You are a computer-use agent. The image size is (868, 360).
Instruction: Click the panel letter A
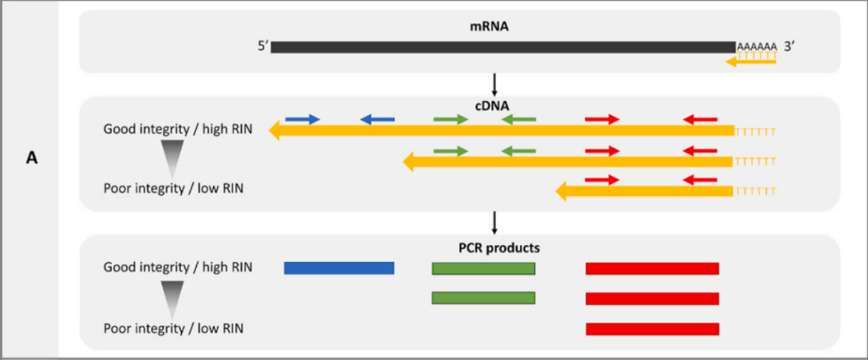tap(31, 158)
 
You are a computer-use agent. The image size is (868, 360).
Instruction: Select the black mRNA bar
tap(502, 47)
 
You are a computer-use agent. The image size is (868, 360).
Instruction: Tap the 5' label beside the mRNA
tap(262, 47)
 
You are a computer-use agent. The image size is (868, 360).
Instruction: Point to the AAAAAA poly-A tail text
tap(756, 47)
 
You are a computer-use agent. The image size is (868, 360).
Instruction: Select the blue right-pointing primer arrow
tap(303, 120)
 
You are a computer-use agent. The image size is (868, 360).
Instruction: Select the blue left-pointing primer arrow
tap(377, 120)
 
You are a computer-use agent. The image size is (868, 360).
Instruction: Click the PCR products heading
tap(494, 247)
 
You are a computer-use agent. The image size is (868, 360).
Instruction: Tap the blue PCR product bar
tap(339, 268)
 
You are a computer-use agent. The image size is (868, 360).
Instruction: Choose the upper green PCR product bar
tap(483, 268)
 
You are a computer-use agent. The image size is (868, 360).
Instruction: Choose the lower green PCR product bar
tap(483, 298)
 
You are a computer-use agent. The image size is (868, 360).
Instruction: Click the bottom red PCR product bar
tap(652, 329)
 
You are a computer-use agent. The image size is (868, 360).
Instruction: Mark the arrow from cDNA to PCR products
tap(494, 223)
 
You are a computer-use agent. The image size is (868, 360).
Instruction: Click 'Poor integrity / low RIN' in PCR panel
tap(174, 328)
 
